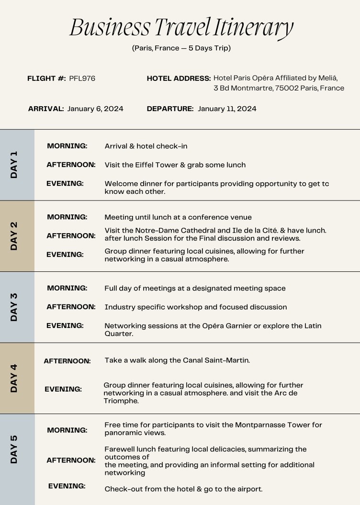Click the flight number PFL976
(82, 79)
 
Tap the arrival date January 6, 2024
(95, 109)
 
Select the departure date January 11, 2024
(227, 109)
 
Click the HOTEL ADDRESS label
(179, 79)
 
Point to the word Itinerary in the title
(253, 28)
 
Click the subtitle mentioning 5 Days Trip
(181, 48)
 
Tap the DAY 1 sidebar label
(14, 165)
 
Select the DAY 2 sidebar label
(14, 236)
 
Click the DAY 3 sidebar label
(14, 307)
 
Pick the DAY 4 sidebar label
(14, 378)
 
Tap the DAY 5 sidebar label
(14, 449)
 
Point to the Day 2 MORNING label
(67, 217)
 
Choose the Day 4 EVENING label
(63, 389)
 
